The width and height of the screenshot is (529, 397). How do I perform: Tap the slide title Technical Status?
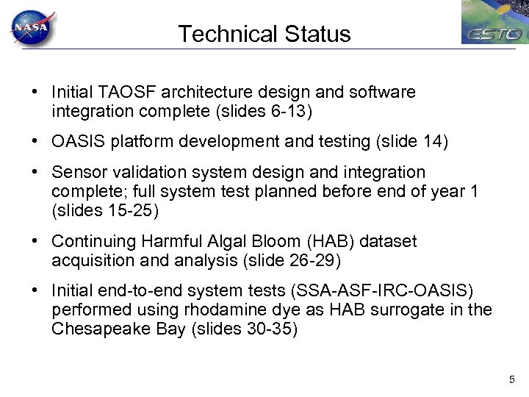[x=264, y=34]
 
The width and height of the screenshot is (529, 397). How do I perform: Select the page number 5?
[x=511, y=379]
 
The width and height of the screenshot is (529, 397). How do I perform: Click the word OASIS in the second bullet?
[x=75, y=142]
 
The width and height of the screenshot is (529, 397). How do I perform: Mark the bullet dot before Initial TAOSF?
[x=35, y=93]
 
